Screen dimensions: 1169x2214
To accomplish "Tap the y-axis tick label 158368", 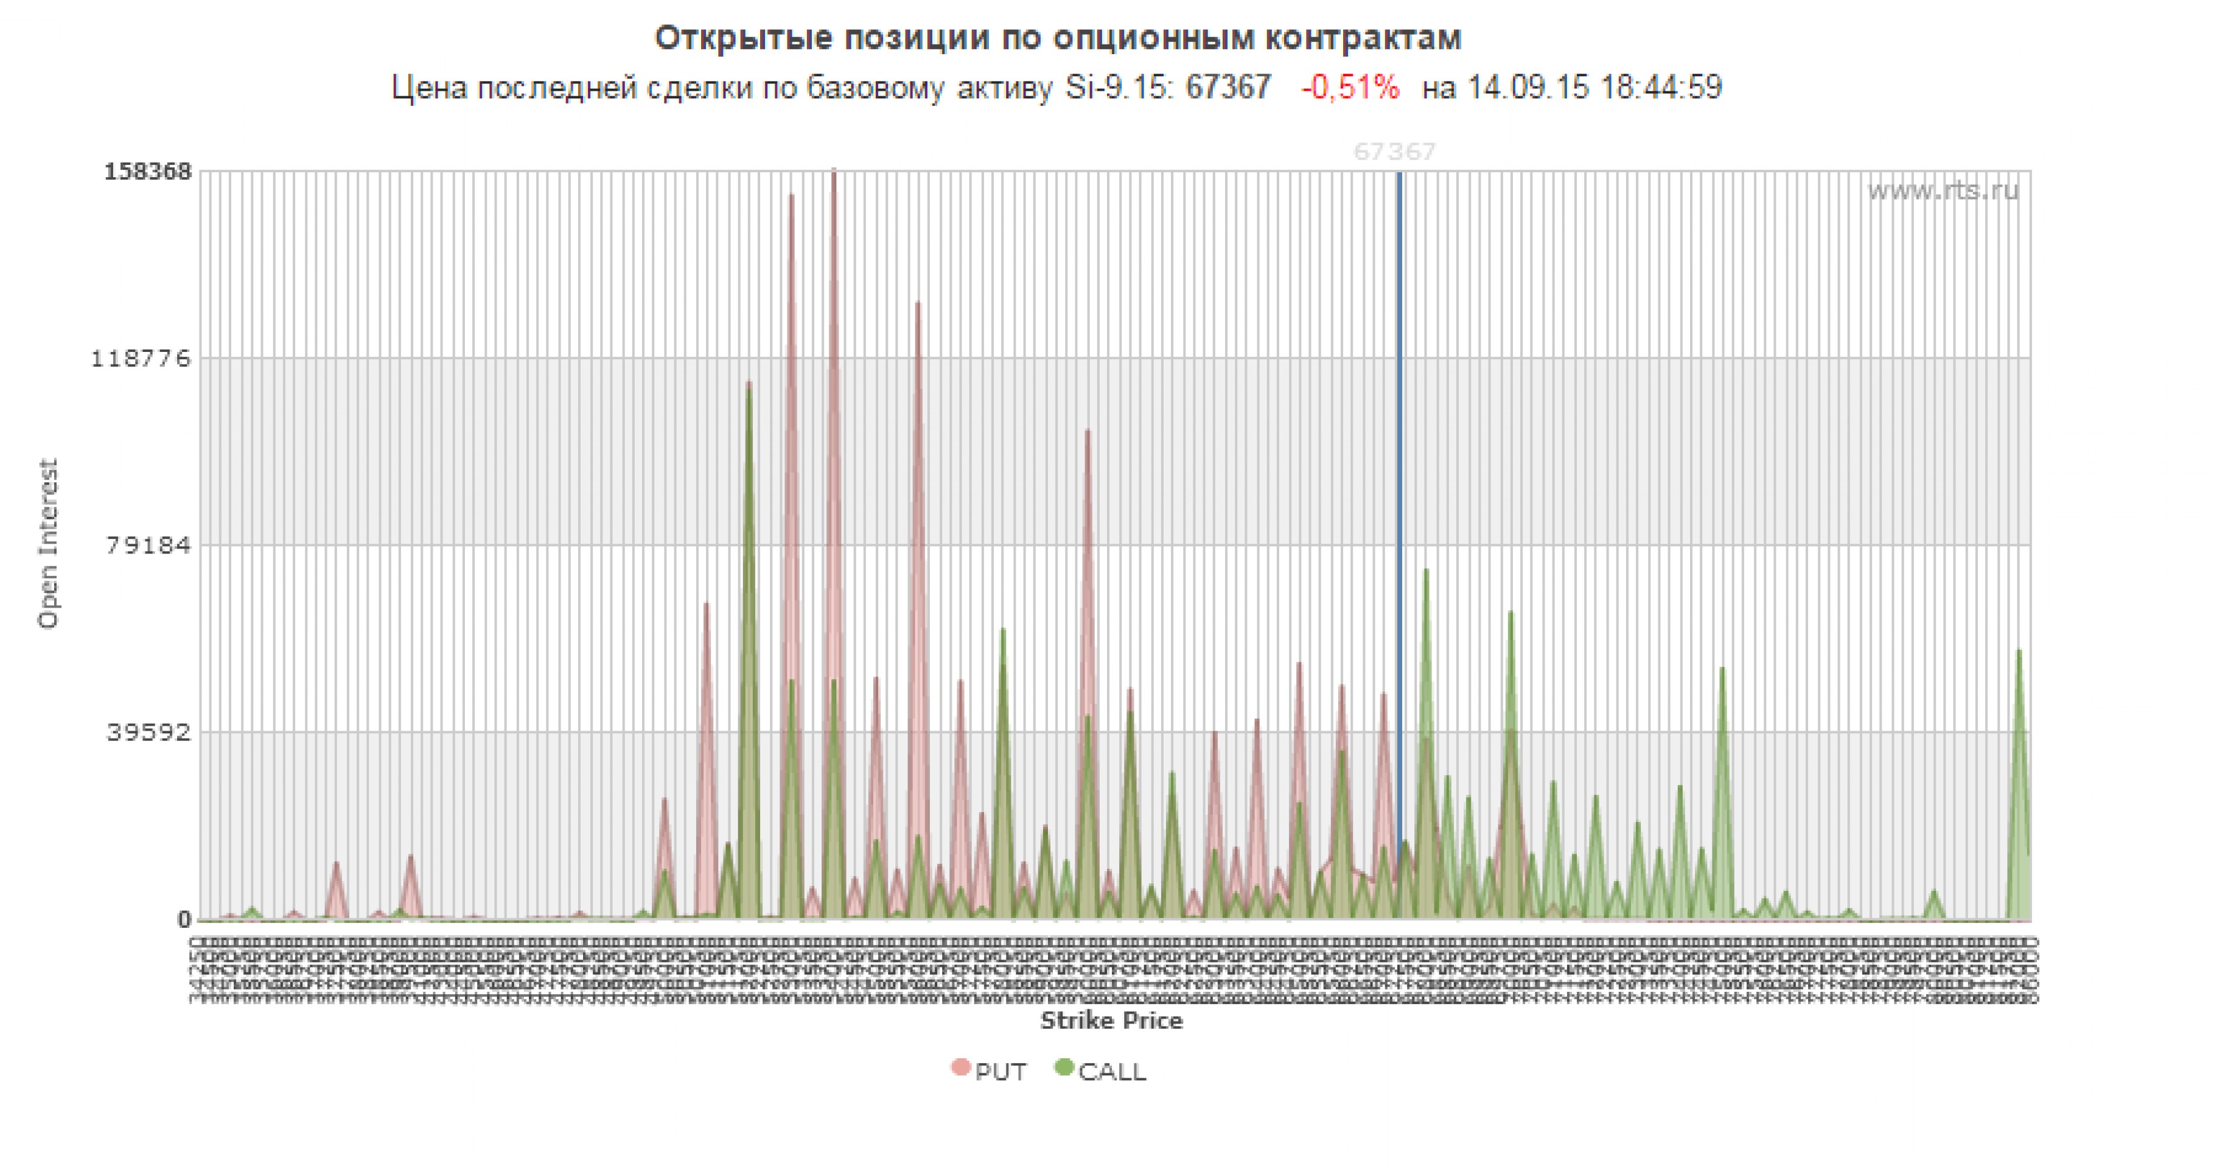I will pos(148,171).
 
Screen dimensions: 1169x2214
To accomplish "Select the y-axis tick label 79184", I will pos(148,545).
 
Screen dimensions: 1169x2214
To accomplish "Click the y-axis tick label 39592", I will pos(148,732).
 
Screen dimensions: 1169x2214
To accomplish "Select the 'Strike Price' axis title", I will pos(1111,1020).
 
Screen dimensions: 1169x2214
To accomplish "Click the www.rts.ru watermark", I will pos(1943,190).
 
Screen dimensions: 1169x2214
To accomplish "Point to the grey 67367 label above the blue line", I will pos(1394,152).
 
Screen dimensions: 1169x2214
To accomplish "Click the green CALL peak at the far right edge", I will pos(2019,651).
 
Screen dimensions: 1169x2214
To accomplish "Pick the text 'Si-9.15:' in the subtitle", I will pos(1119,88).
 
